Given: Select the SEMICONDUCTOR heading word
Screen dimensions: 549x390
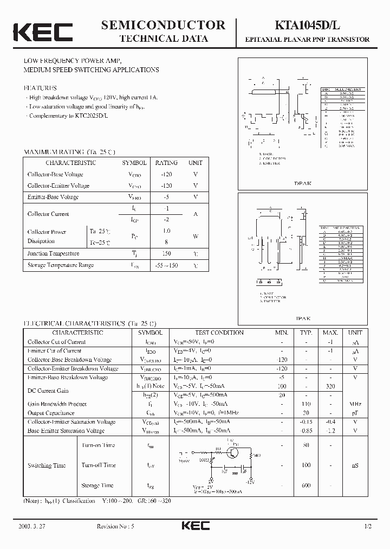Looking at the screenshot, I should click(163, 25).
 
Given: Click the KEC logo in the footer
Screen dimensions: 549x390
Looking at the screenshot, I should click(194, 526).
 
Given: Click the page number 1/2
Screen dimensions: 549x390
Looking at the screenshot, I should click(369, 527).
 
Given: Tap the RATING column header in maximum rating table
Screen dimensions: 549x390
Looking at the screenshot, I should click(166, 163).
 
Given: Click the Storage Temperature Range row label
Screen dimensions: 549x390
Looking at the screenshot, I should click(61, 265).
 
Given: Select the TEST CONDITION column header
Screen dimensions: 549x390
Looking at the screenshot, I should click(219, 333).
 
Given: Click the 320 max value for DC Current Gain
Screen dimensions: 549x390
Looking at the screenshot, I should click(330, 386).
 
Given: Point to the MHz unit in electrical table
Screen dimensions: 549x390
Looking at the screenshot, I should click(355, 404).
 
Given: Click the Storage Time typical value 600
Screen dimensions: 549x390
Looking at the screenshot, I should click(307, 486).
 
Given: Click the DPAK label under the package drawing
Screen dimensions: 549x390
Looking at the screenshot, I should click(303, 183).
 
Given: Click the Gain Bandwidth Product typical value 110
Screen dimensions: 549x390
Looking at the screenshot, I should click(307, 404).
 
